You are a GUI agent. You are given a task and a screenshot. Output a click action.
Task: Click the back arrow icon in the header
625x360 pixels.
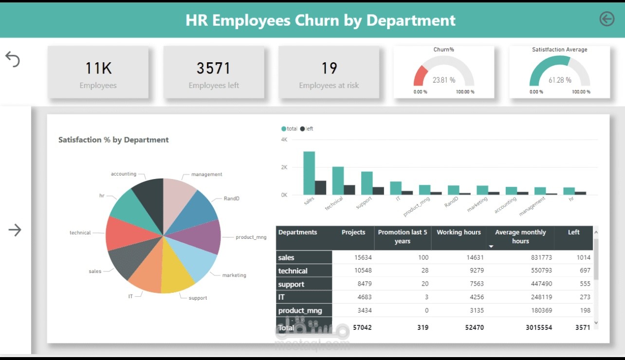tap(607, 19)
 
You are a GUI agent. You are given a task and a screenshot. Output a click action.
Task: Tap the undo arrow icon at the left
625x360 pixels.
tap(13, 59)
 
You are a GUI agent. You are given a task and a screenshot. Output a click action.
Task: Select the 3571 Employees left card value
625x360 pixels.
tap(214, 68)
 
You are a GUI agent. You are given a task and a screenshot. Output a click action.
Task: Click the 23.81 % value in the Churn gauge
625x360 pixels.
tap(444, 80)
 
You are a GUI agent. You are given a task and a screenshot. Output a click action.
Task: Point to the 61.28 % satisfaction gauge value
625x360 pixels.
tap(560, 80)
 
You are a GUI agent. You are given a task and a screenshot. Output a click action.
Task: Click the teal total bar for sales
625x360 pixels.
tap(309, 173)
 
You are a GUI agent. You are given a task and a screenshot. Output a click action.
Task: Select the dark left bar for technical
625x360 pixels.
tap(349, 190)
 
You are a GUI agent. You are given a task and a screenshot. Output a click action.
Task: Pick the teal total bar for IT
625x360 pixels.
tap(396, 188)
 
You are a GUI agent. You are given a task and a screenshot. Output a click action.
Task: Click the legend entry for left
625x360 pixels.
tap(307, 128)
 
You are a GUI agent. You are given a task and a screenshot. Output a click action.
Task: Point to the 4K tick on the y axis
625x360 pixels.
tap(284, 140)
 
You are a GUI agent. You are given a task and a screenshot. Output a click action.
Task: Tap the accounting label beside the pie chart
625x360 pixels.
tap(124, 174)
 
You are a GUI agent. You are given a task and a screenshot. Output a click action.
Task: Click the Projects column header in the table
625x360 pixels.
tap(353, 232)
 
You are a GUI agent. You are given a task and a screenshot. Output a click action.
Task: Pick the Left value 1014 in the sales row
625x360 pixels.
tap(584, 257)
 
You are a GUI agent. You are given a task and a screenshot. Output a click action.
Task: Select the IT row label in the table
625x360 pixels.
tap(281, 297)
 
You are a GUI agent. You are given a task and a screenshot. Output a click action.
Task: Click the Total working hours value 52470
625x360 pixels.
tap(474, 327)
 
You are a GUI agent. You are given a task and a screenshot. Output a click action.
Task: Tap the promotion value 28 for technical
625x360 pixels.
tap(424, 270)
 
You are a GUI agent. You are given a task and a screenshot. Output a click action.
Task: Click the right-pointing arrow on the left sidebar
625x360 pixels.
tap(15, 230)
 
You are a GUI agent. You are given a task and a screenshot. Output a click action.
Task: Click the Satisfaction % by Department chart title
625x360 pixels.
tap(113, 140)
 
